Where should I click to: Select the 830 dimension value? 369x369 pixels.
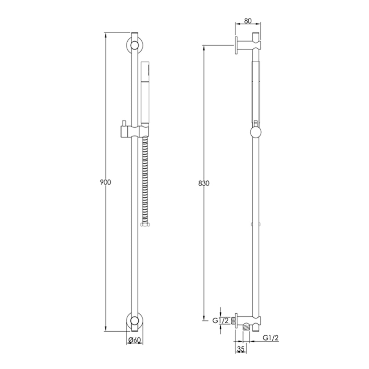click(203, 183)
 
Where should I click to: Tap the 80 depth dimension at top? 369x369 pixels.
click(248, 21)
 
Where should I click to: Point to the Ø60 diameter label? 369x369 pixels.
click(135, 340)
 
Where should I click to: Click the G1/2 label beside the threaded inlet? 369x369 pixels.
click(220, 320)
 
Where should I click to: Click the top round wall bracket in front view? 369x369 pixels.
click(135, 45)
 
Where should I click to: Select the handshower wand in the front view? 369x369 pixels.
click(145, 92)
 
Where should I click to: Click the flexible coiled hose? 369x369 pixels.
click(145, 181)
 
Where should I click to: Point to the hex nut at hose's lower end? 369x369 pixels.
click(145, 224)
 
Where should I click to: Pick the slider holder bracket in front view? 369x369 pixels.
click(135, 131)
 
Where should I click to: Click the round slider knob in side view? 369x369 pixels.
click(256, 132)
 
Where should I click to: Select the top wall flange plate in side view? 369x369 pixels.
click(235, 45)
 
